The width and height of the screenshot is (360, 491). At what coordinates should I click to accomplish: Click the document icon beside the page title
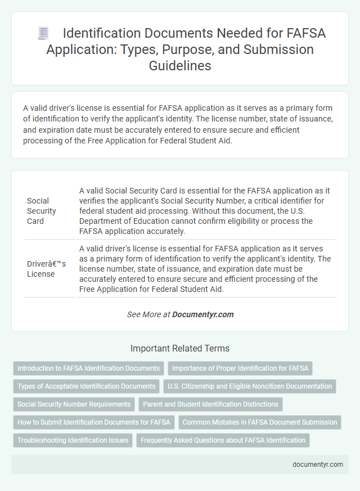click(x=43, y=33)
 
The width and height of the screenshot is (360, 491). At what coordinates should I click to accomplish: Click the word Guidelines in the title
click(x=179, y=65)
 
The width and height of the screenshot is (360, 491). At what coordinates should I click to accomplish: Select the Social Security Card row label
click(x=42, y=210)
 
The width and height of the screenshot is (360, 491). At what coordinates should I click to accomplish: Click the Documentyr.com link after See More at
click(x=203, y=314)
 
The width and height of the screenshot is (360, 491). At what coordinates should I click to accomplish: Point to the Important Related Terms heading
click(x=179, y=348)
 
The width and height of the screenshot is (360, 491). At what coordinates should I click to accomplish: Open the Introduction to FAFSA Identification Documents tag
click(x=88, y=368)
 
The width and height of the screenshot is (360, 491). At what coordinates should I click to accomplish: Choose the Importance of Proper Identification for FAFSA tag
click(x=240, y=368)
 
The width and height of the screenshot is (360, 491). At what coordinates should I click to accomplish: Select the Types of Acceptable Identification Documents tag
click(x=86, y=386)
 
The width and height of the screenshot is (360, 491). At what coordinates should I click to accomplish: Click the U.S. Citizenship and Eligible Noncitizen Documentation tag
click(x=250, y=386)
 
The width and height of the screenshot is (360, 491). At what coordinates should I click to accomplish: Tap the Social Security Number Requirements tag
click(x=74, y=404)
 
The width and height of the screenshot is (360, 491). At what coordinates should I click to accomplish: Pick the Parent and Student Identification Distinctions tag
click(x=210, y=404)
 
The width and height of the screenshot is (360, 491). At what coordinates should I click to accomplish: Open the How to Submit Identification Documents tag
click(x=93, y=422)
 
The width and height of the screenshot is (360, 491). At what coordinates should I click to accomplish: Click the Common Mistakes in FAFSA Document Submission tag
click(x=260, y=422)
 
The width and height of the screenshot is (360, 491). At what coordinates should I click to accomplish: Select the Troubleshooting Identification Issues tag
click(x=73, y=440)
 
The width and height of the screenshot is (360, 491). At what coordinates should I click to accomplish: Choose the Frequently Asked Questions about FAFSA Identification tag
click(x=223, y=440)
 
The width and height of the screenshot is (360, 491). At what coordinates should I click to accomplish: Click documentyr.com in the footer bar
click(x=317, y=465)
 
